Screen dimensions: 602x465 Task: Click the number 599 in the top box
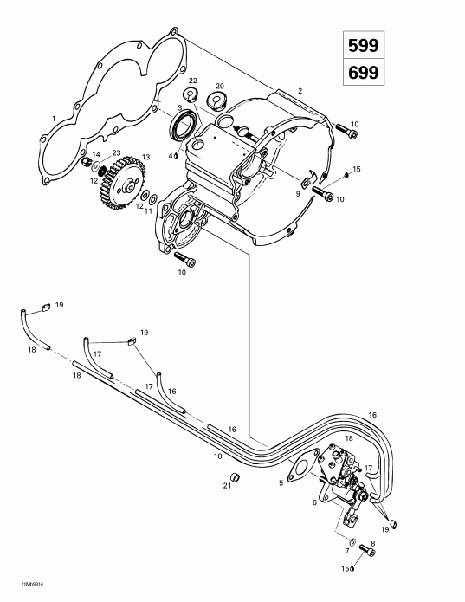click(362, 44)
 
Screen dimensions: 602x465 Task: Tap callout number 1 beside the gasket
click(54, 119)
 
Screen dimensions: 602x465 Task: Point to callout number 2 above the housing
click(300, 90)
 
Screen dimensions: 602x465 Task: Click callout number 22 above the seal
click(192, 81)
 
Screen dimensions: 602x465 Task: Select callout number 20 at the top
click(219, 86)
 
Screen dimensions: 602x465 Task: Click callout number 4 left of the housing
click(171, 156)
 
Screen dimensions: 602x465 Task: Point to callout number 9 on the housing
click(298, 195)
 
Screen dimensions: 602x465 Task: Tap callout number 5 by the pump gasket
click(281, 482)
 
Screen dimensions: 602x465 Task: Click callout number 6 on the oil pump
click(313, 502)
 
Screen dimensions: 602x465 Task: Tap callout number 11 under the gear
click(148, 210)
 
